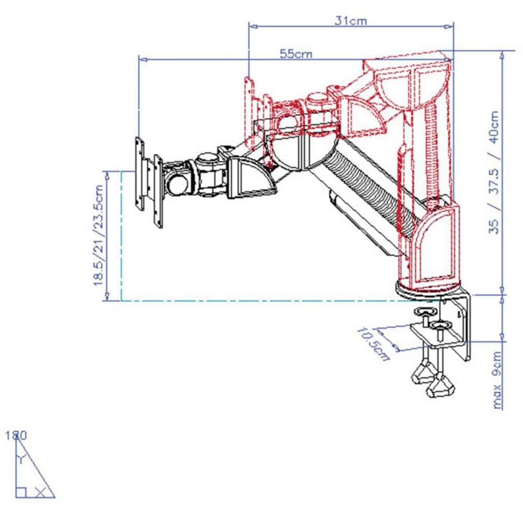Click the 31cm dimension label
click(351, 21)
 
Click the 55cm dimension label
click(295, 54)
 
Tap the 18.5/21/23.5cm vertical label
click(99, 235)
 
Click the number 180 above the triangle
click(16, 435)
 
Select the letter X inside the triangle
click(40, 492)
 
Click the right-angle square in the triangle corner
click(20, 492)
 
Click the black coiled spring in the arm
click(366, 188)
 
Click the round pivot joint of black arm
click(207, 157)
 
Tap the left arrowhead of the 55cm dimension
click(142, 60)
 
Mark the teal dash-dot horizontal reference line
click(261, 301)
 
